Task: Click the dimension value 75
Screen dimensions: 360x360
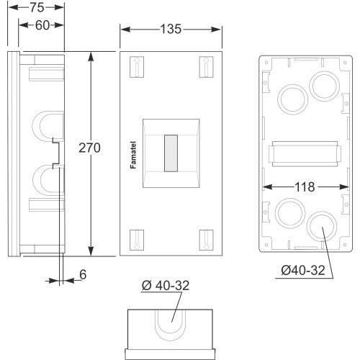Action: point(37,8)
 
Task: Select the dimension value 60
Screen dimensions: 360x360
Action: point(42,25)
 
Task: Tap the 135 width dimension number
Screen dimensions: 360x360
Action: point(171,30)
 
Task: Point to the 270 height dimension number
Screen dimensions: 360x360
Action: point(89,148)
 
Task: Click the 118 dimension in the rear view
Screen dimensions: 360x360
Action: point(305,187)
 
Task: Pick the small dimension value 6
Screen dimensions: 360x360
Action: point(83,274)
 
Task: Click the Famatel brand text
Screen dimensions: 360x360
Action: point(133,155)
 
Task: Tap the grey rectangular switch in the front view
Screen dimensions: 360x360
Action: point(171,153)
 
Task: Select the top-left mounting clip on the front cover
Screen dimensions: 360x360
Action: point(137,67)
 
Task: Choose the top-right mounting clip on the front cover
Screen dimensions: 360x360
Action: point(206,67)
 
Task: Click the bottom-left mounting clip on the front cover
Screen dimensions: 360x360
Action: point(137,240)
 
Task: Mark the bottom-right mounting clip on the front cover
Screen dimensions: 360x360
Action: point(206,240)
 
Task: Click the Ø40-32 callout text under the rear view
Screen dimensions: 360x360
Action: point(303,271)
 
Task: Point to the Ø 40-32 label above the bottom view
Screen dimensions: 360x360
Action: point(166,285)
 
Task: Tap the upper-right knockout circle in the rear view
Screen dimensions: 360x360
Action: point(325,86)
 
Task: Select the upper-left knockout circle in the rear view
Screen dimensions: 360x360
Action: point(293,99)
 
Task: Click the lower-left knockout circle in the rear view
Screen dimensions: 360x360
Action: point(290,213)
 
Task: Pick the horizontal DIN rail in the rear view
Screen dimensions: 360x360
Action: point(305,154)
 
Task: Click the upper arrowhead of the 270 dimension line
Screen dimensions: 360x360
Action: point(91,56)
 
